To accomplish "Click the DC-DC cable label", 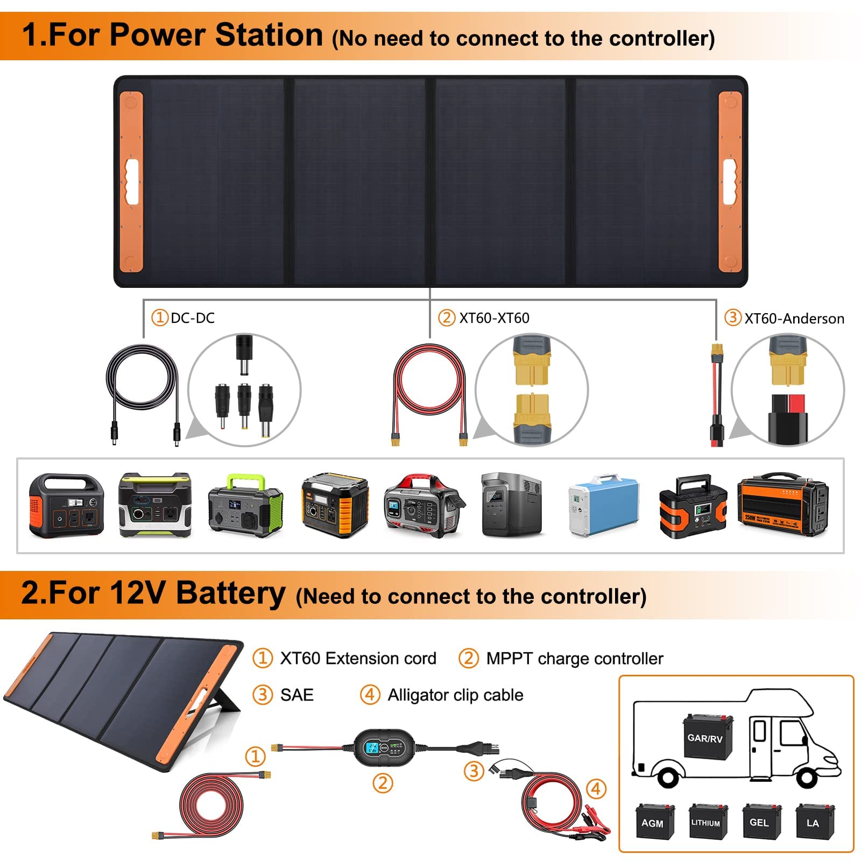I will coord(192,318).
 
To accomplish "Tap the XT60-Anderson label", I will coord(794,319).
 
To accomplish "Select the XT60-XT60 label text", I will coord(493,318).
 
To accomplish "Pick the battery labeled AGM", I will coord(653,821).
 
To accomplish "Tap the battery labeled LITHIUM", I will coord(705,821).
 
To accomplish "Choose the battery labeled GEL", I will coord(759,821).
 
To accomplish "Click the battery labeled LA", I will coord(813,821).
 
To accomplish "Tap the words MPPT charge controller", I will coord(574,659).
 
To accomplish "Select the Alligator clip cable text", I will coord(455,695).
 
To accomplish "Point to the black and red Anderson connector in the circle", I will coord(787,417).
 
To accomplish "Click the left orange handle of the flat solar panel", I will coord(131,181).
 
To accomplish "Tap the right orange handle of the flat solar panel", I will coord(730,181).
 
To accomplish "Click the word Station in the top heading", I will coord(269,36).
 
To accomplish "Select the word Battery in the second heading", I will coord(231,594).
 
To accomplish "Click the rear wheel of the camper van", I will coord(668,777).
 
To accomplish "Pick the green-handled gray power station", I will coord(245,506).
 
